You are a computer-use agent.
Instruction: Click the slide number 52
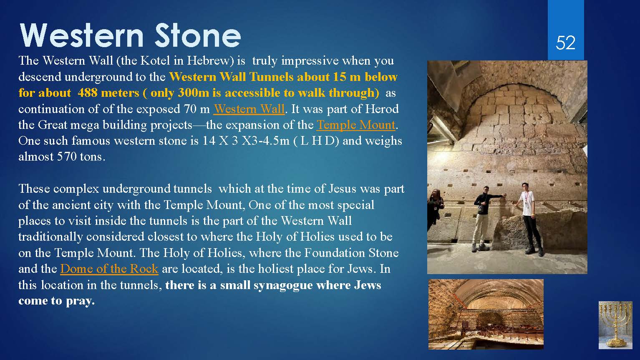point(565,43)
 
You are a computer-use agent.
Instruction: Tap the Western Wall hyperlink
point(249,109)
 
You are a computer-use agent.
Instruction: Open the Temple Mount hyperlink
point(356,125)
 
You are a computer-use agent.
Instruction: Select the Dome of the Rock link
point(109,269)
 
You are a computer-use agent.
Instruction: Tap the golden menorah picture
point(615,325)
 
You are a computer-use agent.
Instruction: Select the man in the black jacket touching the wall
point(484,219)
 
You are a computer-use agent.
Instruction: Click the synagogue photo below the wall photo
point(486,314)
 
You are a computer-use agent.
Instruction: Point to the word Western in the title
point(81,36)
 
